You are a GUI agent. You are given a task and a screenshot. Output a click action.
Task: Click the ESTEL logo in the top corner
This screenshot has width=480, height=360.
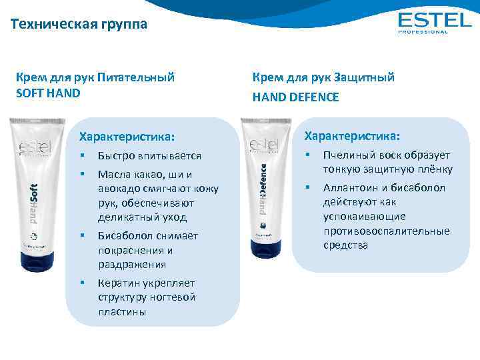coord(433,22)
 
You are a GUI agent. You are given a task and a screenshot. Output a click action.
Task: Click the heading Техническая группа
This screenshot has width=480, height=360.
coord(79,25)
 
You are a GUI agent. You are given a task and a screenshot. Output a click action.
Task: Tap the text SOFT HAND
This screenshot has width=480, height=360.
coord(48,93)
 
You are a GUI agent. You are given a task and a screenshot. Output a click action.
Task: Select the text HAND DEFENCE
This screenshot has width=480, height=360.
coord(295,97)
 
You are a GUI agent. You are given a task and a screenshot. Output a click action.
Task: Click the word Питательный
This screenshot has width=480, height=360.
coord(136,77)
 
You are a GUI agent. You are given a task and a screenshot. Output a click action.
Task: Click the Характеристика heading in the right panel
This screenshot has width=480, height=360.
coord(352,136)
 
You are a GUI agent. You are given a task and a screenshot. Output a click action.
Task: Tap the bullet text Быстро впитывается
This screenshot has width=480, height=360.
coord(149,156)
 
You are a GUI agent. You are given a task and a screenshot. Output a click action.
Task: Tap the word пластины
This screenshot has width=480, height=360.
coord(121,311)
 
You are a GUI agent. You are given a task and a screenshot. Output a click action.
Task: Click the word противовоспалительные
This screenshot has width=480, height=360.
coord(387,231)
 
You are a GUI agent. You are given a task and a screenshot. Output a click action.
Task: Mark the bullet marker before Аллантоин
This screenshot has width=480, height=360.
coord(307,188)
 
